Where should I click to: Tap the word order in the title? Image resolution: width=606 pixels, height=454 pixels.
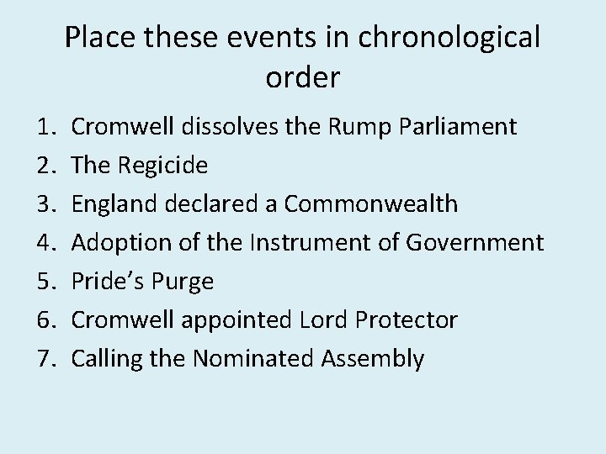tap(303, 77)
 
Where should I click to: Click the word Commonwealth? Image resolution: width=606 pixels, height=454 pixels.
tap(371, 204)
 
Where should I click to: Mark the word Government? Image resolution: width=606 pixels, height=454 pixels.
tap(475, 244)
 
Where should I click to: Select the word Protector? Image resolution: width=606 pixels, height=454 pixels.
tap(407, 320)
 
